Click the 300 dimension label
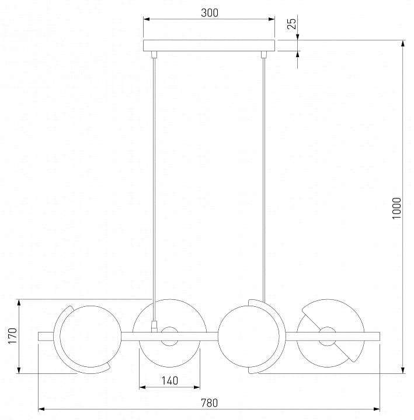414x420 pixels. pos(210,13)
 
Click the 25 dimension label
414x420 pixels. pos(292,23)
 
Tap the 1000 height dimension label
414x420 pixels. pos(396,208)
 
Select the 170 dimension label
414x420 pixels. pos(13,336)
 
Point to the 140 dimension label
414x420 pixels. pos(170,380)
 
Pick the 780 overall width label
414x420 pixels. pos(210,403)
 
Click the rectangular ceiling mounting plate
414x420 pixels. pos(209,45)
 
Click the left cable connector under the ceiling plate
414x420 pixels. pos(154,54)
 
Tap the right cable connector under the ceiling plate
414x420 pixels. pos(264,54)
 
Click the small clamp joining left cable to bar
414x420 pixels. pos(154,326)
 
